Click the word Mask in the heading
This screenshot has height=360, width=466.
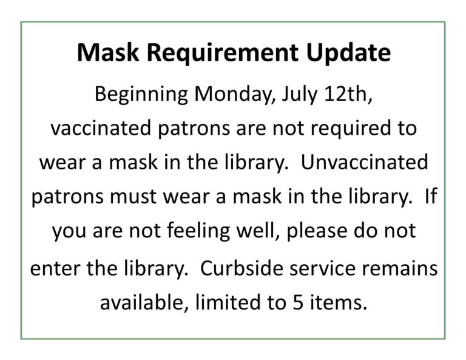tap(108, 53)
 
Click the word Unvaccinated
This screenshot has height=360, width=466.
tap(365, 162)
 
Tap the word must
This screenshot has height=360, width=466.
tap(133, 197)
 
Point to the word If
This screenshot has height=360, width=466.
tap(431, 196)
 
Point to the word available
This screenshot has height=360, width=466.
tap(144, 302)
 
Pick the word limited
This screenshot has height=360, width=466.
tap(228, 302)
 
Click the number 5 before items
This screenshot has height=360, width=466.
tap(298, 302)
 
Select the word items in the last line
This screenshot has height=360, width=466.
tap(339, 302)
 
